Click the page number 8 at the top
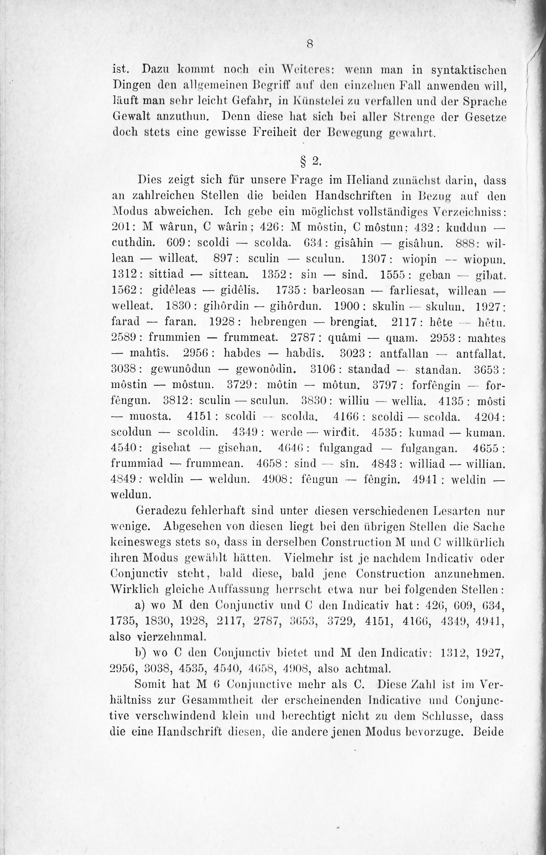[310, 44]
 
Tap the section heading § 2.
[309, 162]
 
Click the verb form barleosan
[339, 290]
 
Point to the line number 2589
[123, 338]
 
